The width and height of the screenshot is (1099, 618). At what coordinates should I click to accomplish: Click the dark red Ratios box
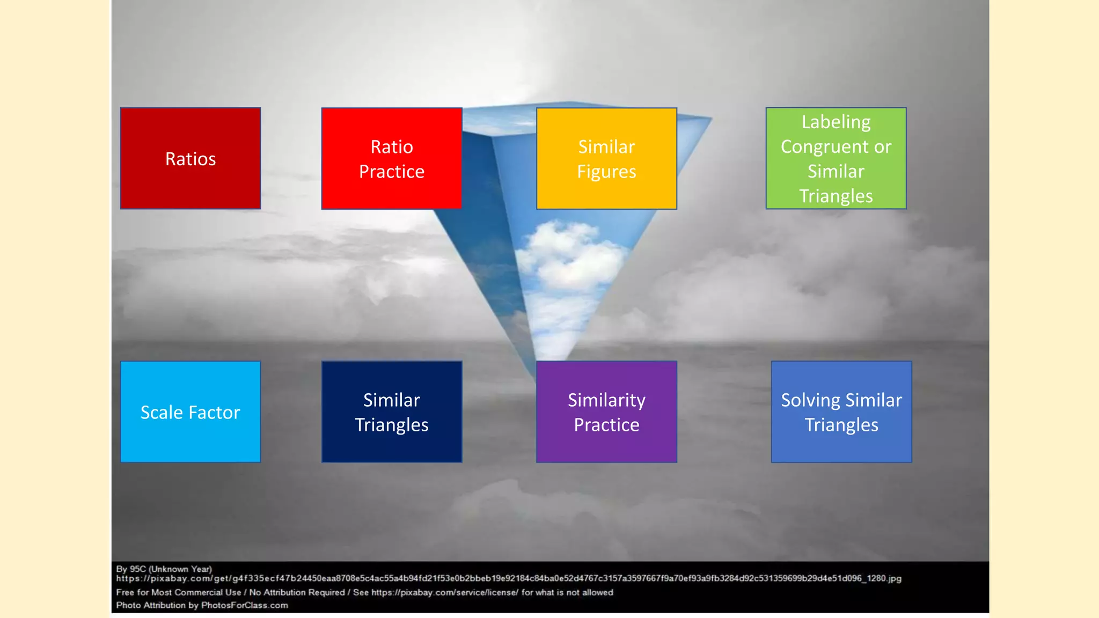(x=191, y=158)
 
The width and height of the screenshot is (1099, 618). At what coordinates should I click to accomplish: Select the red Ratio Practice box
(x=392, y=159)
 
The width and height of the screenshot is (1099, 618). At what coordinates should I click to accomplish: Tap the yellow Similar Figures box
(x=606, y=159)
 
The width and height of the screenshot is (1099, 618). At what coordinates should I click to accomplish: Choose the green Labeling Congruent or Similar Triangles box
(x=836, y=159)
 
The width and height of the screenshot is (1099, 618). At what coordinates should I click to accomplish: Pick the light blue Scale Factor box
(x=191, y=412)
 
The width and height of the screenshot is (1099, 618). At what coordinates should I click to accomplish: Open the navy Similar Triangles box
(x=392, y=412)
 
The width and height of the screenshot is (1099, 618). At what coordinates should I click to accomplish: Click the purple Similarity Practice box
(x=606, y=412)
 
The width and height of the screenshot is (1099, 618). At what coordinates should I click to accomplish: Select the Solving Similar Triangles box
(x=841, y=412)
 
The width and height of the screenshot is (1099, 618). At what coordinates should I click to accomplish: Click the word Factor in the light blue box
(x=214, y=412)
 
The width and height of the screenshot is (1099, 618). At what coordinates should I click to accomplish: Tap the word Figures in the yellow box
(x=606, y=172)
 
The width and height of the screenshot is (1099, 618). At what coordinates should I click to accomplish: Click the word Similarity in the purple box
(x=606, y=400)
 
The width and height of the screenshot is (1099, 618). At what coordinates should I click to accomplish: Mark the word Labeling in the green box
(x=836, y=122)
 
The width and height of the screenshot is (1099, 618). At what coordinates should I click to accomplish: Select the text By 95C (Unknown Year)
(x=164, y=569)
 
